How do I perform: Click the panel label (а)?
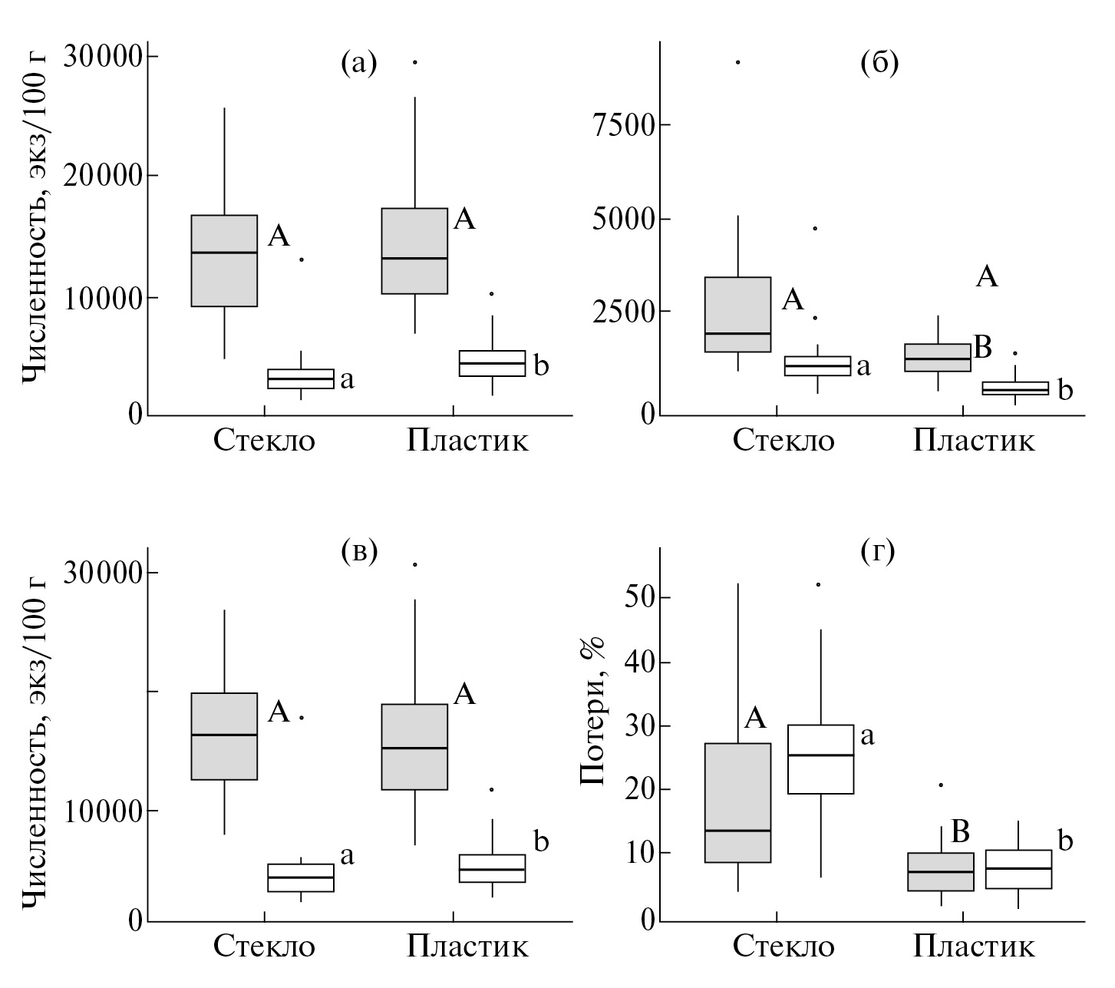pos(359,62)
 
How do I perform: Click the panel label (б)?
pos(879,62)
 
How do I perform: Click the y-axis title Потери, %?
pos(592,712)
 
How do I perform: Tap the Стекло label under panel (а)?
pos(264,441)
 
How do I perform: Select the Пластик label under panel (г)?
pos(973,946)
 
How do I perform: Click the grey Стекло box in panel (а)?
pos(224,261)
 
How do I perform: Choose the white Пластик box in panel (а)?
pos(492,363)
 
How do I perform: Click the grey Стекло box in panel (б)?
pos(737,314)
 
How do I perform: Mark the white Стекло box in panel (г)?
pos(821,759)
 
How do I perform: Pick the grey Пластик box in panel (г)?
pos(941,872)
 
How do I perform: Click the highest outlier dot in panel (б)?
pos(738,62)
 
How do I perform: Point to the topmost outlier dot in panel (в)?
pos(415,564)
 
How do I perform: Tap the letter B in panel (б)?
pos(983,348)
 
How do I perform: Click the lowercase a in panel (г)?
pos(868,736)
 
